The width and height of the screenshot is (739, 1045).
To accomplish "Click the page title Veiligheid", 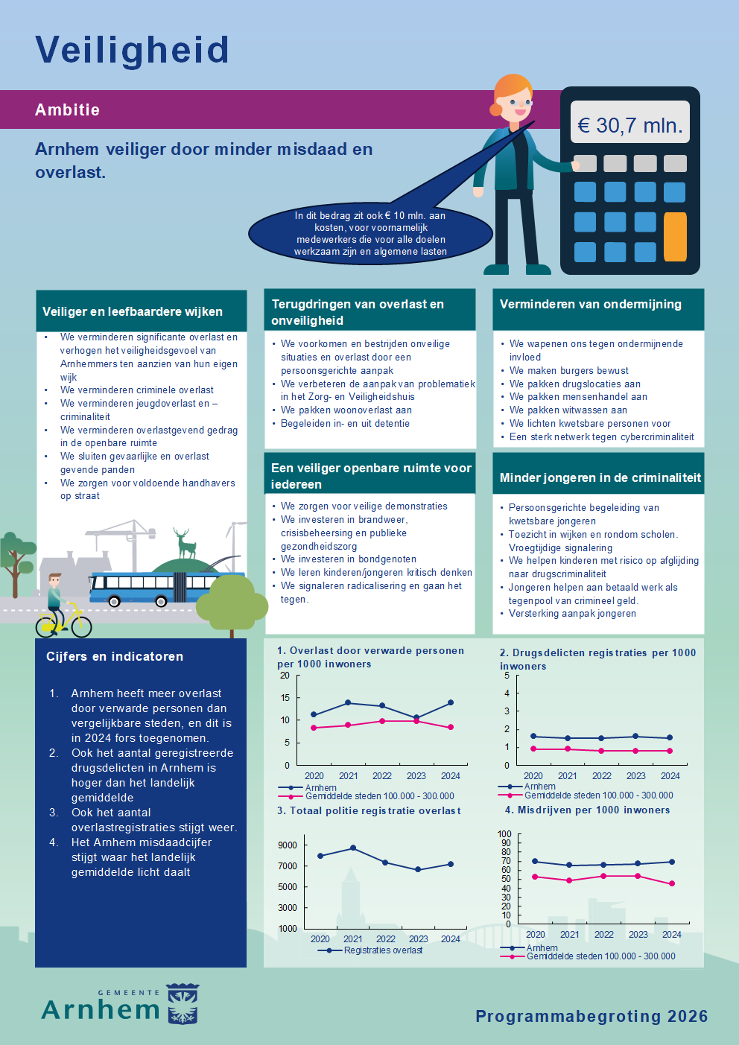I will (132, 51).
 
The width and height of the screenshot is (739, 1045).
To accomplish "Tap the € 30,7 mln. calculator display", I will (630, 125).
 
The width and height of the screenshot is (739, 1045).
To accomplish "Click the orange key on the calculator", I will (675, 237).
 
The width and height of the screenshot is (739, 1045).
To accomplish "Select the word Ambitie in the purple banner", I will (67, 110).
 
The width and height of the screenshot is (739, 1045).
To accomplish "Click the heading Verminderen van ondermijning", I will (591, 304).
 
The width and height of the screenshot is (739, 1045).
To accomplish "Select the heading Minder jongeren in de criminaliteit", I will (600, 477).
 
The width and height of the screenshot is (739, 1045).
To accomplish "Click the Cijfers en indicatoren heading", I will (115, 656).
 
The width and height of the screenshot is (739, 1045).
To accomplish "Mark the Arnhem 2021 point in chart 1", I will (348, 703).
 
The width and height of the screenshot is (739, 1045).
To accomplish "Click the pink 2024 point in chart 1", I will (451, 727).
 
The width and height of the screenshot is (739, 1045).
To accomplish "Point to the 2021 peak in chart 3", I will (353, 848).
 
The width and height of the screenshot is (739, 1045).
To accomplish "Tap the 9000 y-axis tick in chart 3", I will (288, 845).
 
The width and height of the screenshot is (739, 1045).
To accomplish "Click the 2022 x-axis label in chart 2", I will (601, 775).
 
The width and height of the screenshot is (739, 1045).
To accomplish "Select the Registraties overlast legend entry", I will (383, 950).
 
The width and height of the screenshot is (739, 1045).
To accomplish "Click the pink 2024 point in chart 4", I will (672, 884).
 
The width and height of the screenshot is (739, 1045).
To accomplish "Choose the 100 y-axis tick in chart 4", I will (505, 834).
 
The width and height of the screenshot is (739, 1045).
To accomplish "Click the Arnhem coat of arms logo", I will (183, 1004).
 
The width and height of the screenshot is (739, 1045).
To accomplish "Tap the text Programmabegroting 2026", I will (591, 1016).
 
